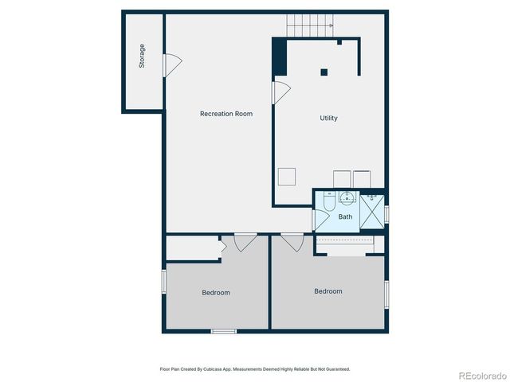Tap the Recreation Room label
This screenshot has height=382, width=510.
pyautogui.click(x=226, y=114)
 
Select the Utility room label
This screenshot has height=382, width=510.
pyautogui.click(x=328, y=118)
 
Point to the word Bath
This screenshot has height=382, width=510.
pyautogui.click(x=345, y=216)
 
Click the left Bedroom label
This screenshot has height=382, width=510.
pyautogui.click(x=215, y=293)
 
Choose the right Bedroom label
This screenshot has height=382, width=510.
pyautogui.click(x=328, y=291)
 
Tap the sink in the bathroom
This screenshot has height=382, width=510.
pyautogui.click(x=347, y=198)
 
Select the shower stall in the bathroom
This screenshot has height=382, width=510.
pyautogui.click(x=372, y=212)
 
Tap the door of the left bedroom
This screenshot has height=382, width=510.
pyautogui.click(x=245, y=241)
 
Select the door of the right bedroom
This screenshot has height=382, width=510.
pyautogui.click(x=292, y=241)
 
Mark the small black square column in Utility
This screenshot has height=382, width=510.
pyautogui.click(x=324, y=72)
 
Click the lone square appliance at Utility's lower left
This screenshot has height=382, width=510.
pyautogui.click(x=287, y=177)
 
